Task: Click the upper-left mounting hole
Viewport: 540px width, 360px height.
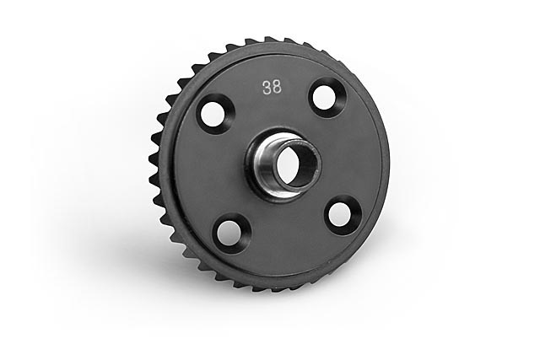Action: pyautogui.click(x=216, y=112)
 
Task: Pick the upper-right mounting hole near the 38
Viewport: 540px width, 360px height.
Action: pyautogui.click(x=327, y=95)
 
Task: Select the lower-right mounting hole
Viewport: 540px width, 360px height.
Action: pyautogui.click(x=343, y=212)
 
